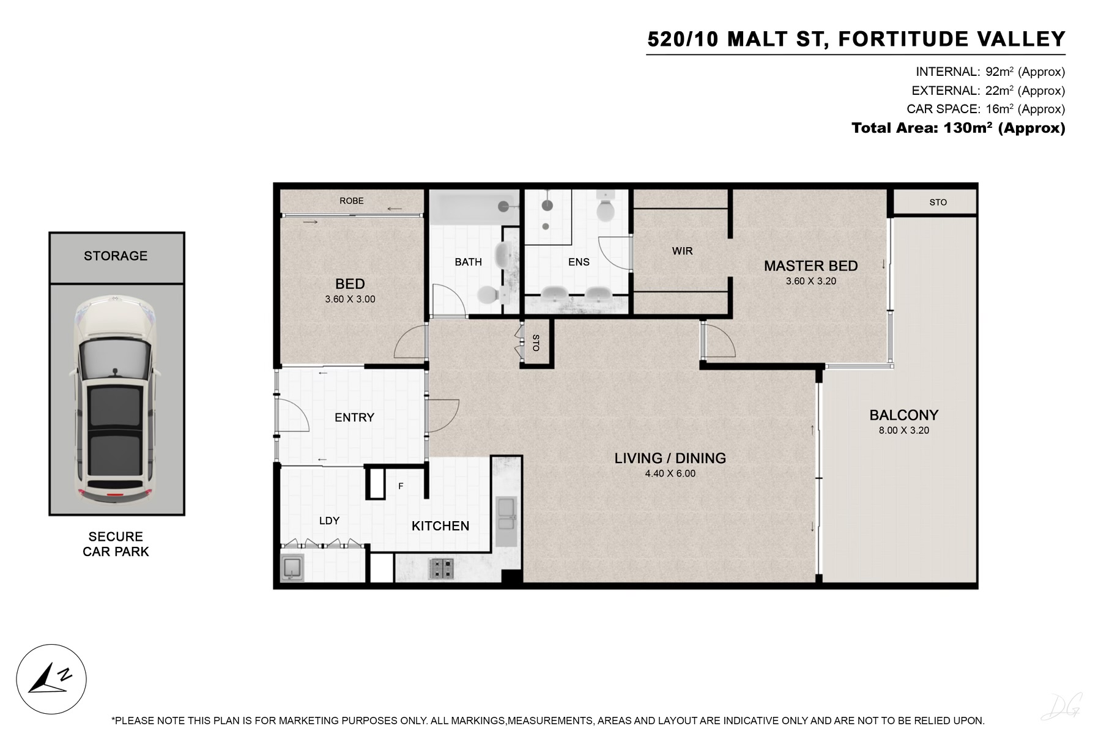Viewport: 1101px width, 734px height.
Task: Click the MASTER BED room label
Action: pos(810,266)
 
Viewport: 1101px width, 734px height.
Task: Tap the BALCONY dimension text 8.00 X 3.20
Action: pos(903,431)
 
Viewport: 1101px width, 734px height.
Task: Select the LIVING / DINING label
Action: pos(670,458)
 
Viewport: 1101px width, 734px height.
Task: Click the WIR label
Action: pos(682,251)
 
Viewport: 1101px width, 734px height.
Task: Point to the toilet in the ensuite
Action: pos(606,208)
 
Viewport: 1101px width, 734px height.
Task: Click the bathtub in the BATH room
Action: pos(473,206)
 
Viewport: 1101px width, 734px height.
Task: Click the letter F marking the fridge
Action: pos(401,486)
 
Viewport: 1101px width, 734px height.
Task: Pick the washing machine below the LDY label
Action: pos(292,568)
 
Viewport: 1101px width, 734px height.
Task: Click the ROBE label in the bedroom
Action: pos(352,201)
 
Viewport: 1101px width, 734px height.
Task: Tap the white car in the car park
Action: pos(116,400)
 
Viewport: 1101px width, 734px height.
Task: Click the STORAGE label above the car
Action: pos(116,256)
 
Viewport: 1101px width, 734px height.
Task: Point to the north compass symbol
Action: pos(51,680)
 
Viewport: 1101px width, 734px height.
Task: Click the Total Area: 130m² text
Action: pos(958,128)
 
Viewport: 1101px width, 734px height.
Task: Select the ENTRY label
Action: pos(354,417)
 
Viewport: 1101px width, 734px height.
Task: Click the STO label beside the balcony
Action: pos(938,202)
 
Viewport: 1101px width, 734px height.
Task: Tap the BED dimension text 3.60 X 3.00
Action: pos(350,299)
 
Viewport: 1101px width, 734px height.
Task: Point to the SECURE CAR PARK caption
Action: pos(116,544)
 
